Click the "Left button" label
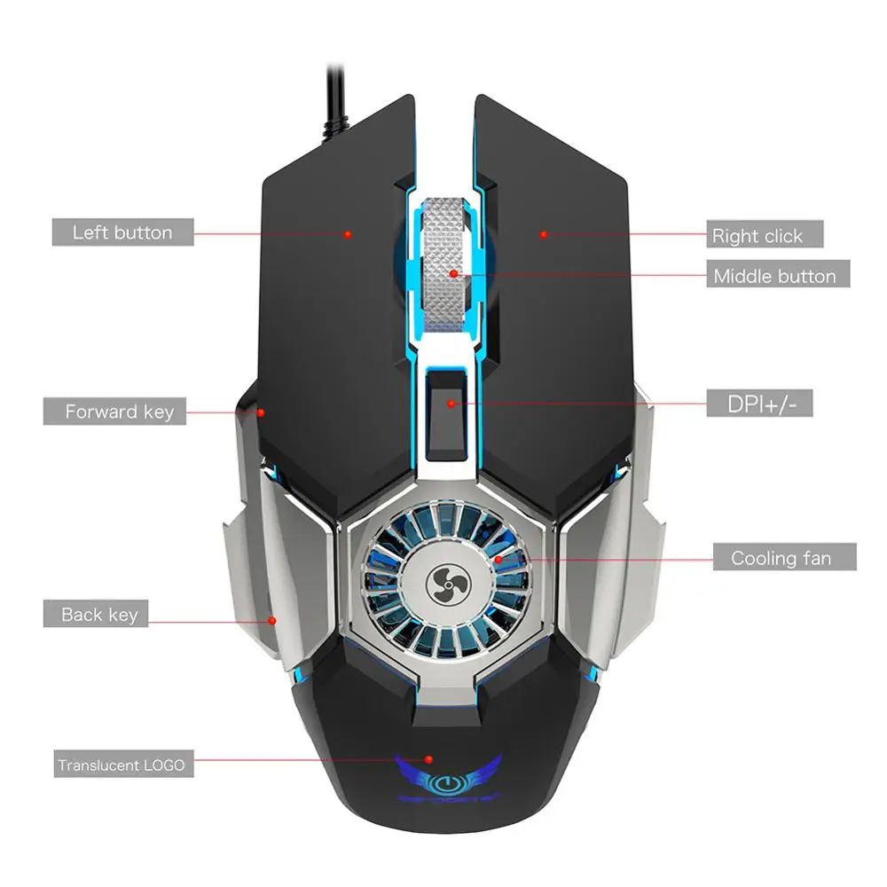122,232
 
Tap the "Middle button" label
774,276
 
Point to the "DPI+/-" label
758,404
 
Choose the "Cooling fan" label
781,558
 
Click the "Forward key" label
114,412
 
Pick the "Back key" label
98,614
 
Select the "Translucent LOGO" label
122,765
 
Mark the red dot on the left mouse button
348,234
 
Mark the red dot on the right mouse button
543,235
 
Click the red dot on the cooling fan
498,559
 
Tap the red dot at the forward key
262,412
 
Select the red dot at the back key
273,621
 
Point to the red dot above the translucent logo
428,760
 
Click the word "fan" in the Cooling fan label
816,558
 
